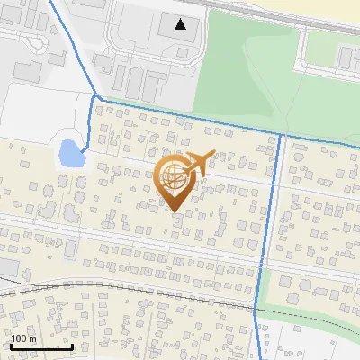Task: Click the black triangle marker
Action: [181, 24]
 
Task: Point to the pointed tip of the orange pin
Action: [175, 212]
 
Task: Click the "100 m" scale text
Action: [24, 338]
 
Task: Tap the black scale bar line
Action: [41, 346]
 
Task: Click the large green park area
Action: [243, 81]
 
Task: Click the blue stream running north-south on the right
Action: [272, 225]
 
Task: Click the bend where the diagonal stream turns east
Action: [94, 96]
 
